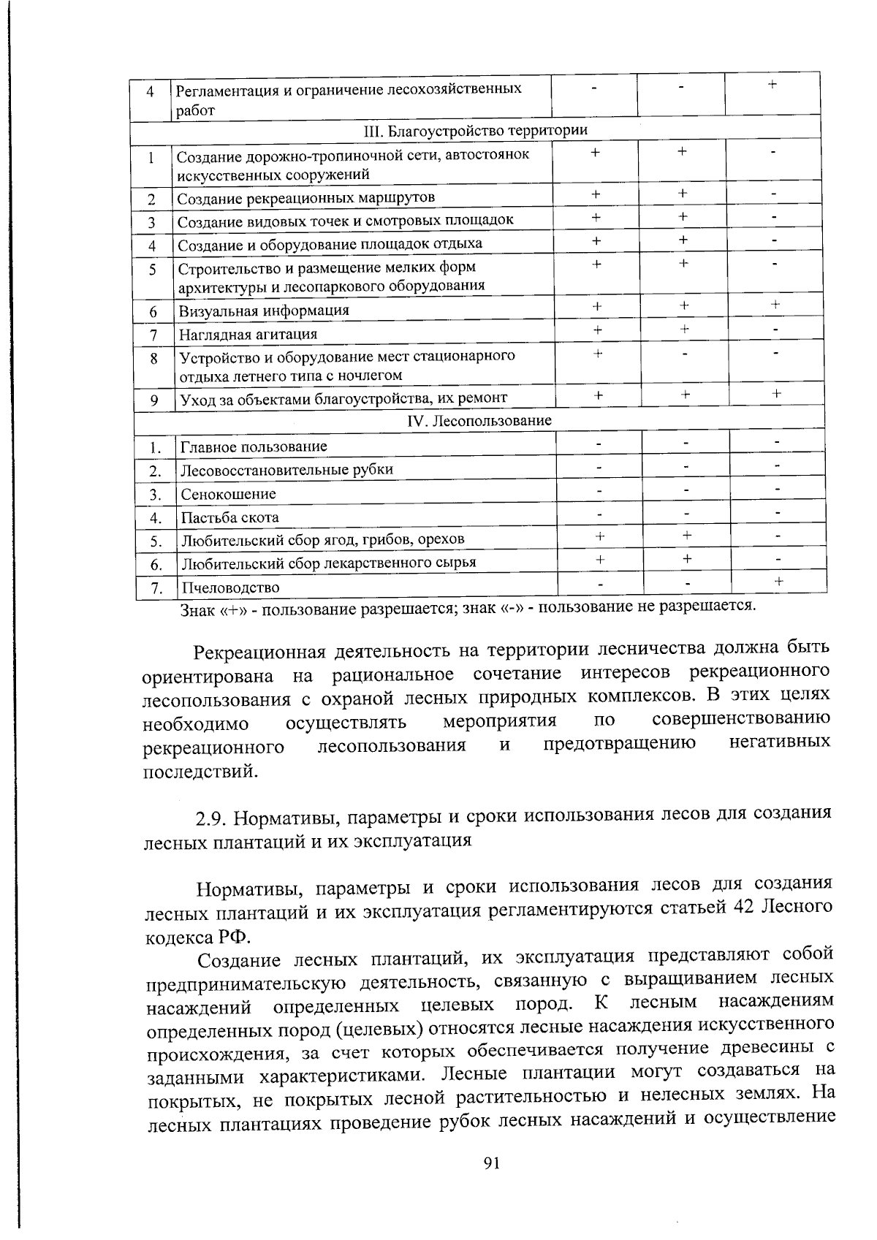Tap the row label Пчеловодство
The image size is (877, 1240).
230,587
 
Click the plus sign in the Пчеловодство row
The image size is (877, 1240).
779,581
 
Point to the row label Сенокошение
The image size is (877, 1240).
229,494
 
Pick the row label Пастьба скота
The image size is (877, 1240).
230,517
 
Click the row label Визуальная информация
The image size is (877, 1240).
264,311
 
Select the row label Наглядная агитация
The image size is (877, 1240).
248,335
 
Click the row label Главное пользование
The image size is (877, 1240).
254,446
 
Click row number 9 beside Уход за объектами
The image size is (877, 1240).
154,400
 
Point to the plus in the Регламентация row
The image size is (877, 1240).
772,85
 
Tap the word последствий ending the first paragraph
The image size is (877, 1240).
200,771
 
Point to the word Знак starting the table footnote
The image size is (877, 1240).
195,609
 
